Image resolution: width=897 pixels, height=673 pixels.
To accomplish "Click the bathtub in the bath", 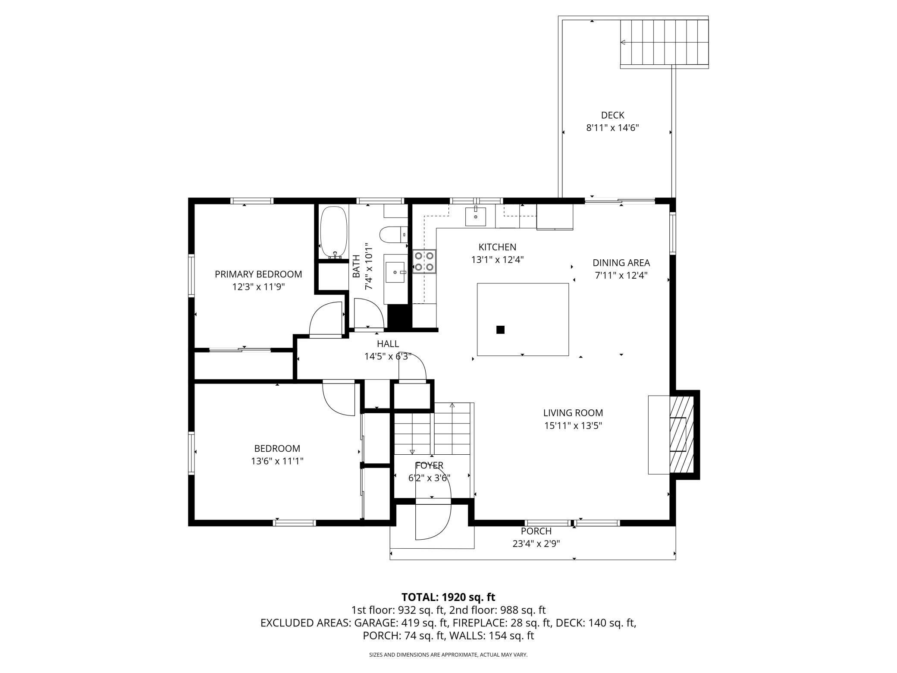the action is (333, 232).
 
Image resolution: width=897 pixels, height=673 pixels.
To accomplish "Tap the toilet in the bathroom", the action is (394, 235).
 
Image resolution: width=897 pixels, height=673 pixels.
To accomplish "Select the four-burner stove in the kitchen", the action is (424, 261).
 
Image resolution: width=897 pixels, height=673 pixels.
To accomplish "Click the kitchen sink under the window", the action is (475, 217).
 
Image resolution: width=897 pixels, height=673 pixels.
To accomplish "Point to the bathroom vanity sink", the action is (395, 273).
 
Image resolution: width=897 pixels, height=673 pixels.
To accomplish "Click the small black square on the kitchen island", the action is (500, 330).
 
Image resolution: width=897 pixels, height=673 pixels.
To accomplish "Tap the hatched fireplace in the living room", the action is (681, 435).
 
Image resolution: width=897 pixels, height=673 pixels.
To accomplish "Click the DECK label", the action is (612, 115).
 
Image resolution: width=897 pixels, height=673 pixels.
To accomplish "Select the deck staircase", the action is (664, 42).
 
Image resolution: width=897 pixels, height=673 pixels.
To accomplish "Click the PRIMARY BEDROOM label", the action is (258, 274).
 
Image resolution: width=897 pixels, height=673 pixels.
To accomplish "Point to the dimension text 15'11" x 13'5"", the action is (573, 426).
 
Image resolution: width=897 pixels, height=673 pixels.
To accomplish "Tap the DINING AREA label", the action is (621, 263).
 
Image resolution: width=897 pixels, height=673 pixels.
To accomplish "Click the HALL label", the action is (388, 344).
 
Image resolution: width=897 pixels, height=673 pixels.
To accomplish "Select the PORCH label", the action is (536, 531).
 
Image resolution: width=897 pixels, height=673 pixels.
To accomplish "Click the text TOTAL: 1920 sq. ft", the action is (448, 597).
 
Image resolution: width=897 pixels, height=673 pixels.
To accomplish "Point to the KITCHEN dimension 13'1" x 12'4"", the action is (497, 260).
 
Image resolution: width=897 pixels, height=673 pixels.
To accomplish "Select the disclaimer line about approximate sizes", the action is (448, 655).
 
